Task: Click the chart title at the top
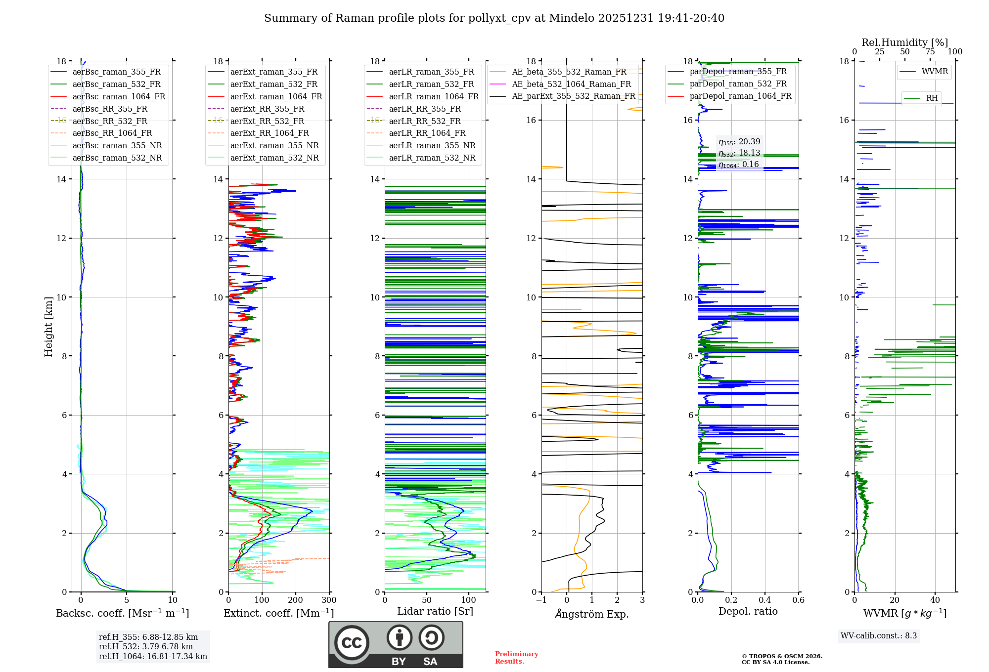click(494, 18)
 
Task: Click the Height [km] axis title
click(48, 327)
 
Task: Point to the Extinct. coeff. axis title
click(278, 613)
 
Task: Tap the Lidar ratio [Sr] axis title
click(435, 611)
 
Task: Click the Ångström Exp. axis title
click(591, 614)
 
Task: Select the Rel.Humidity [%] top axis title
click(904, 42)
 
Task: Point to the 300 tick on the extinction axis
click(329, 600)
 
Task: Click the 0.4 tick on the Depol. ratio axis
click(764, 600)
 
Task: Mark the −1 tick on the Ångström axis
click(541, 600)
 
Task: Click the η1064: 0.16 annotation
click(738, 165)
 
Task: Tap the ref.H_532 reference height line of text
click(146, 646)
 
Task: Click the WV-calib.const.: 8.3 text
click(878, 635)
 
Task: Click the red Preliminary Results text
click(516, 657)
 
